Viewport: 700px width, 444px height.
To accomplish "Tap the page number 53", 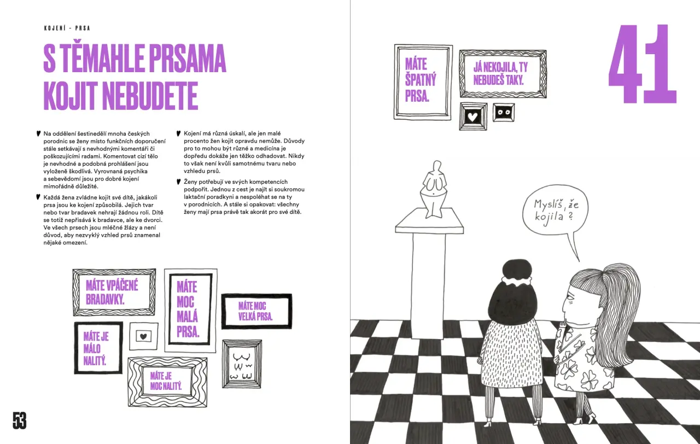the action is coord(19,420).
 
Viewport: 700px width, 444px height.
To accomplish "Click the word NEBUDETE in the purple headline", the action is coord(150,96).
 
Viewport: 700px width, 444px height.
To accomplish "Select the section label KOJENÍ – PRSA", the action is coord(67,28).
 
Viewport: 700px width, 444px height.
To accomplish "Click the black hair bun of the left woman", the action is coord(517,270).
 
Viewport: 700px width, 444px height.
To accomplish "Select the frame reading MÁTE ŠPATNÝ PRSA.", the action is coord(423,82).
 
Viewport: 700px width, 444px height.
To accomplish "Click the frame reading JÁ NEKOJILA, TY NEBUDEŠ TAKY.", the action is coord(503,74).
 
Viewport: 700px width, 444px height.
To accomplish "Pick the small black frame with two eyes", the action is coord(504,113).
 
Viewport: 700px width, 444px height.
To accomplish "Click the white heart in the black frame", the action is coord(473,117).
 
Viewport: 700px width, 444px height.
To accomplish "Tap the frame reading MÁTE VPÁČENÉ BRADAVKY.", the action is coord(114,292).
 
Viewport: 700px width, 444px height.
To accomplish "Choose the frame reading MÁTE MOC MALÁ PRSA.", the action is coord(190,310).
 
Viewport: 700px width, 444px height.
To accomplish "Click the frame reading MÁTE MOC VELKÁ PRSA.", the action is coord(256,311).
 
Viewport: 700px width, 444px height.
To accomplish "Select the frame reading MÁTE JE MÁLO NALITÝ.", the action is coord(98,348).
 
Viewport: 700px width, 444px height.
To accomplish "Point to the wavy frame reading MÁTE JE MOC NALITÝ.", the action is coord(167,382).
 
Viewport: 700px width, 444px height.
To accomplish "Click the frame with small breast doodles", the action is coord(242,364).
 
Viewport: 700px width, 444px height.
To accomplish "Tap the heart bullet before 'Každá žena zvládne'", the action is coord(38,197).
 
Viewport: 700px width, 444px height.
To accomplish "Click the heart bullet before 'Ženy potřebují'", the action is coord(179,182).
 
